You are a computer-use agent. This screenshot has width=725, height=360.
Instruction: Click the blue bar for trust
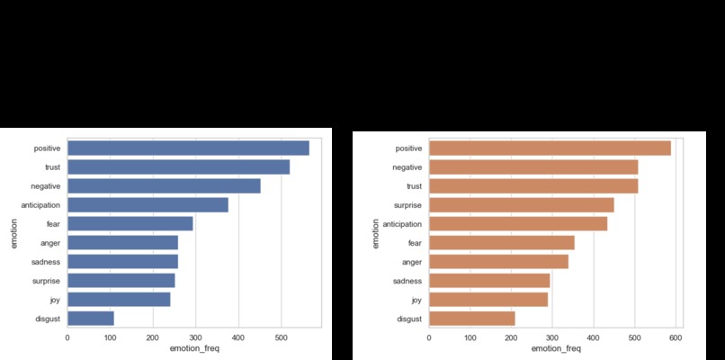[x=178, y=166]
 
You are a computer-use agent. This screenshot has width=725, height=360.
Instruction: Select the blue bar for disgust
[x=91, y=318]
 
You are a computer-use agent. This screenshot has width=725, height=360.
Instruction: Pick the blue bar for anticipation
[x=148, y=205]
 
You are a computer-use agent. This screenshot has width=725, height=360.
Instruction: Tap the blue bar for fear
[x=130, y=223]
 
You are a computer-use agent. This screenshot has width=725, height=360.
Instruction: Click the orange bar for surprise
[x=521, y=204]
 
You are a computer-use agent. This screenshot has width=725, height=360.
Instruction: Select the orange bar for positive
[x=550, y=148]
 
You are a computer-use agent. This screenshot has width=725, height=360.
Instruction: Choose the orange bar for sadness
[x=489, y=280]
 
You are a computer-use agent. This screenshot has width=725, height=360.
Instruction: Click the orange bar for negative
[x=533, y=166]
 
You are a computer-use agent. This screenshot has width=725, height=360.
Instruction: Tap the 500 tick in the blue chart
[x=280, y=338]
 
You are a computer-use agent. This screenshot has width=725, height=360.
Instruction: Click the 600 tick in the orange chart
[x=675, y=338]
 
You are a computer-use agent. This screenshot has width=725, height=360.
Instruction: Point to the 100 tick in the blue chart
[x=110, y=338]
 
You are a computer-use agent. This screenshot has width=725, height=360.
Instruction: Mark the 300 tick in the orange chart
[x=551, y=338]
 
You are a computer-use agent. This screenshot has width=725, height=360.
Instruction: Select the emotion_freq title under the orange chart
[x=555, y=349]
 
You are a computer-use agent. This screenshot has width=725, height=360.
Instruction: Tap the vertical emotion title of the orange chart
[x=375, y=232]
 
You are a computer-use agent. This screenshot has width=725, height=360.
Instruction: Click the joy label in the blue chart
[x=54, y=300]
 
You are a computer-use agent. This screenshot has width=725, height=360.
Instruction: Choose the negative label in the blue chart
[x=46, y=185]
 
